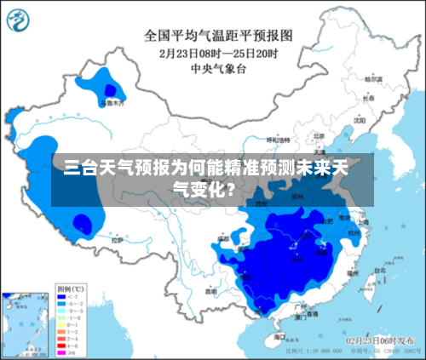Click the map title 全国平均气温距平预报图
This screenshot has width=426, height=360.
(218, 35)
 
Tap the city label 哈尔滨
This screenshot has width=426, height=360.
(371, 78)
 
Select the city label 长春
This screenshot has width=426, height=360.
(368, 98)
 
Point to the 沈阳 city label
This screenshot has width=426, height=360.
(359, 120)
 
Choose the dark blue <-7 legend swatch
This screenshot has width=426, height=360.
(61, 296)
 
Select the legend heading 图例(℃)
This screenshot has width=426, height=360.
(70, 288)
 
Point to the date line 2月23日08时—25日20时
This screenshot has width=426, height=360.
(218, 51)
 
